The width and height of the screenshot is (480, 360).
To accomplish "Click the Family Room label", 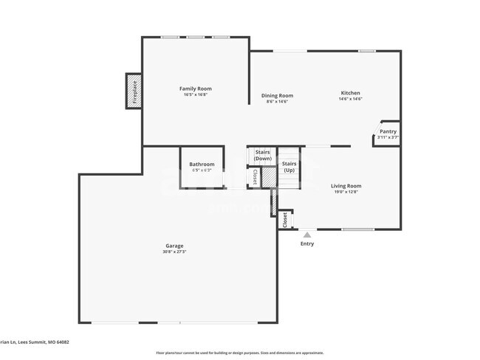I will coord(195,89).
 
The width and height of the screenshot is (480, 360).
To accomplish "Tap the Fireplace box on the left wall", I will coord(134,91).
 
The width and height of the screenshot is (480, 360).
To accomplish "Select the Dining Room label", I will coord(277,95).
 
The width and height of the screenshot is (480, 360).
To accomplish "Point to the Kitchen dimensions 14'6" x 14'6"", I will coord(350,99).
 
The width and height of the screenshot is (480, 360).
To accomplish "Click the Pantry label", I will coord(388,131).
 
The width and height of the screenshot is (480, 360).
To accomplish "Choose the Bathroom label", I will coord(202,164).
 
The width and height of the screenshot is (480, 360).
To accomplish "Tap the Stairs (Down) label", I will coord(262,156).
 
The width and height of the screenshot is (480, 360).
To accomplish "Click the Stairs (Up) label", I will coord(289,166).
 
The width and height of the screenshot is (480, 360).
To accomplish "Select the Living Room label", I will coord(346,186).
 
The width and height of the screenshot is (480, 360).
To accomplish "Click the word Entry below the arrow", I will coord(307,243).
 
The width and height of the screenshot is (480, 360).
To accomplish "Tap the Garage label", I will coord(174,246).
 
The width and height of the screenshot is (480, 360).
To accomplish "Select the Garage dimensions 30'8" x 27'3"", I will coord(174,252).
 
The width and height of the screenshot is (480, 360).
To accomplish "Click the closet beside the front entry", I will coord(285,219).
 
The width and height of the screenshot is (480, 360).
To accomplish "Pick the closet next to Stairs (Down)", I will coord(255,177).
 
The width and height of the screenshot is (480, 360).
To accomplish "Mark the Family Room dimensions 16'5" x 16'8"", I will coord(195,94).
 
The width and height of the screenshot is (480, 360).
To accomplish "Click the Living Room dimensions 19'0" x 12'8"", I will coord(346,192).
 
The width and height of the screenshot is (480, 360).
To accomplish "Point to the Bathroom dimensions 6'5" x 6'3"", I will coord(202,170).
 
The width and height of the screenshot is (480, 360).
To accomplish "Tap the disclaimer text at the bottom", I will coord(239,353).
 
